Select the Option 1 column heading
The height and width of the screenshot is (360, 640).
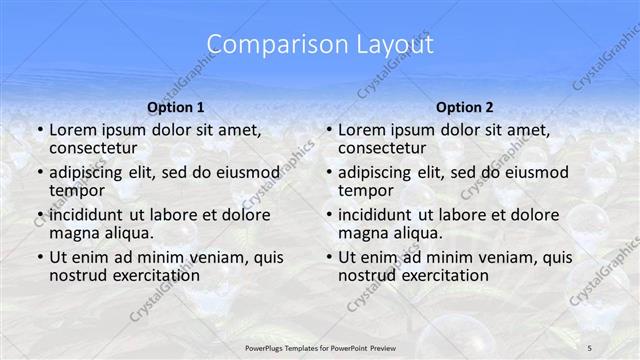(176, 107)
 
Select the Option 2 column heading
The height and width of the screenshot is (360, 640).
(464, 107)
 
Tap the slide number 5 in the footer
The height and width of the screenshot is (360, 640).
(590, 348)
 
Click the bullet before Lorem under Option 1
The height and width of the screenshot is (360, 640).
(38, 130)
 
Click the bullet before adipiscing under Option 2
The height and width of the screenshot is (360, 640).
(327, 172)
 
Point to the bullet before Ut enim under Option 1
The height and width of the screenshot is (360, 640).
(38, 257)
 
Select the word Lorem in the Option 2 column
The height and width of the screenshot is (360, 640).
(362, 130)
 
